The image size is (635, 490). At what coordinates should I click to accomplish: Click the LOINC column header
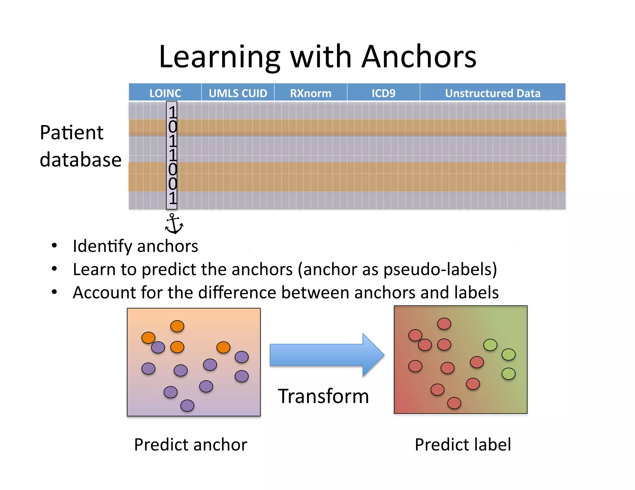pyautogui.click(x=165, y=93)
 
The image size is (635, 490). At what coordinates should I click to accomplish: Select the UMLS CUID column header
pyautogui.click(x=238, y=93)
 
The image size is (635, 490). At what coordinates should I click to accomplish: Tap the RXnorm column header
pyautogui.click(x=310, y=93)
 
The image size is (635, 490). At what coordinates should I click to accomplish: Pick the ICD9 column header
pyautogui.click(x=383, y=93)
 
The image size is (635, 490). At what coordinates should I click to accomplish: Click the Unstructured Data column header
pyautogui.click(x=492, y=93)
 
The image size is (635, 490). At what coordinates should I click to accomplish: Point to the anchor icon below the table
pyautogui.click(x=174, y=224)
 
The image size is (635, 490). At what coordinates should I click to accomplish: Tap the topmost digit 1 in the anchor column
pyautogui.click(x=172, y=112)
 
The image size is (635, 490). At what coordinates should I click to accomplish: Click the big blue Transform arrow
pyautogui.click(x=326, y=355)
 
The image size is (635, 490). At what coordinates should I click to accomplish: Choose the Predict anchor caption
pyautogui.click(x=190, y=444)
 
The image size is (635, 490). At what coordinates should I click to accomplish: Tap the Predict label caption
pyautogui.click(x=463, y=444)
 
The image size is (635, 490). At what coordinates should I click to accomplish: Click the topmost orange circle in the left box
pyautogui.click(x=177, y=326)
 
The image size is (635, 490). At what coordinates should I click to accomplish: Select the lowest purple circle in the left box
pyautogui.click(x=187, y=405)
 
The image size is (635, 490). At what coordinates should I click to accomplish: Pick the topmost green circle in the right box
pyautogui.click(x=490, y=345)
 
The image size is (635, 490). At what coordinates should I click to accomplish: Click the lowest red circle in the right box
pyautogui.click(x=454, y=403)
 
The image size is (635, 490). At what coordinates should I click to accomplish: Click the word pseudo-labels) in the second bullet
pyautogui.click(x=440, y=269)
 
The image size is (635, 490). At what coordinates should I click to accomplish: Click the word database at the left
pyautogui.click(x=81, y=160)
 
